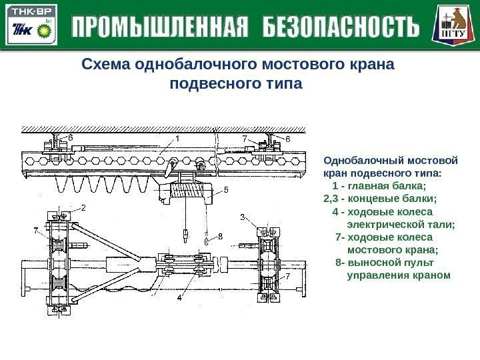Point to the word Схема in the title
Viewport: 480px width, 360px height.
coord(105,65)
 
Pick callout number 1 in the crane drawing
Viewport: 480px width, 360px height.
coord(178,139)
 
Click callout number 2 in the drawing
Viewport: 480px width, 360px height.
coord(85,207)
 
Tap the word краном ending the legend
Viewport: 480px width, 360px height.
coord(431,275)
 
